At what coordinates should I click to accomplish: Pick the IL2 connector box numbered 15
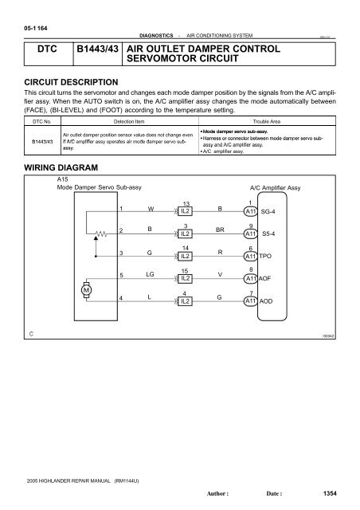184,278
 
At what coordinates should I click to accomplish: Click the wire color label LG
149,274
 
